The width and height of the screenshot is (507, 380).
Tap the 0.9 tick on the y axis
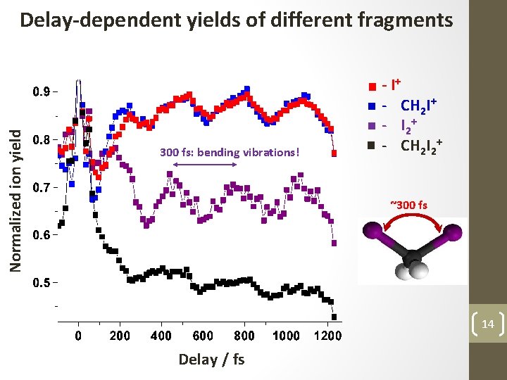click(42, 91)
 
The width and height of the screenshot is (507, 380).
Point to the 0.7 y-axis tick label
click(42, 188)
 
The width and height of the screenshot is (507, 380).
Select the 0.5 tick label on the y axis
click(42, 284)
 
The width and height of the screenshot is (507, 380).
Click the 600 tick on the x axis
click(203, 336)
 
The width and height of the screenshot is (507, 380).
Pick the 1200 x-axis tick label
click(327, 336)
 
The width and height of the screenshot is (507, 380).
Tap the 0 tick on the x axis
click(78, 336)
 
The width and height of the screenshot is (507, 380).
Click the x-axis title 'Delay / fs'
click(211, 359)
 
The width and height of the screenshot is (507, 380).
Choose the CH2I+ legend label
click(420, 107)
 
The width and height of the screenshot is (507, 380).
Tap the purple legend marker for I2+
click(371, 127)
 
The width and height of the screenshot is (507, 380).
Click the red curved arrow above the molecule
click(411, 224)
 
